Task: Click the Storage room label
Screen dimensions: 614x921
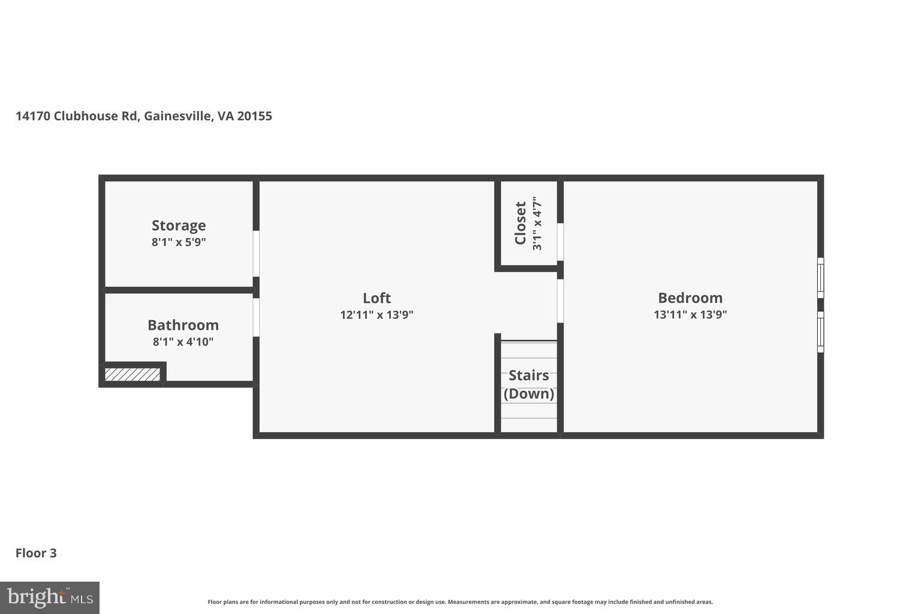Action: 179,225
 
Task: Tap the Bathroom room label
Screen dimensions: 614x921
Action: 183,325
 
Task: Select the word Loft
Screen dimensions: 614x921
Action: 377,298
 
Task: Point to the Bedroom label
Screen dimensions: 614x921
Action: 690,298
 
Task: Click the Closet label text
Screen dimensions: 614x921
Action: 520,223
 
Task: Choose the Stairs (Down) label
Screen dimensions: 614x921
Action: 528,384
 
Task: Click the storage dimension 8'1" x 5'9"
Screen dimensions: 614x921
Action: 179,242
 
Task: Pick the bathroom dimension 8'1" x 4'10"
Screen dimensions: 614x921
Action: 183,342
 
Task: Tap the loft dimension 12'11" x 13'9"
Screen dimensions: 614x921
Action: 377,314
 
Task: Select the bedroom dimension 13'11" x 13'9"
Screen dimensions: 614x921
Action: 690,314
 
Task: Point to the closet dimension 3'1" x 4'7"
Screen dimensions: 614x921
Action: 537,223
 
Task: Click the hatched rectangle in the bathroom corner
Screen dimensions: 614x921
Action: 133,375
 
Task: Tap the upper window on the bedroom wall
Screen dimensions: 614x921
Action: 820,277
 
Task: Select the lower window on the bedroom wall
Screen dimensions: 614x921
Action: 820,332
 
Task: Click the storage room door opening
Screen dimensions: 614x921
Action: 256,254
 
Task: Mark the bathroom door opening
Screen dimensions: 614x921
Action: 256,317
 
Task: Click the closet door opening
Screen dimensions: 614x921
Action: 560,242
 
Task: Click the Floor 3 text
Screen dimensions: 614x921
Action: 36,553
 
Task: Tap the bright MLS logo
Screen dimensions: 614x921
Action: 50,597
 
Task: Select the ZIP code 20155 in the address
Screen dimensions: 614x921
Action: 254,116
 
